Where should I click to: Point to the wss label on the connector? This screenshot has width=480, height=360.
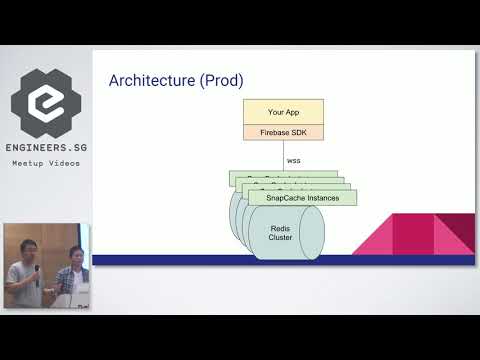point(293,159)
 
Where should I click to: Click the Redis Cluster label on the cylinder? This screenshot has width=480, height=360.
point(280,233)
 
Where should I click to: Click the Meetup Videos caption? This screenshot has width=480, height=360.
point(47,163)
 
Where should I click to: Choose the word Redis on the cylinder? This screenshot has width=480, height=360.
point(280,228)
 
